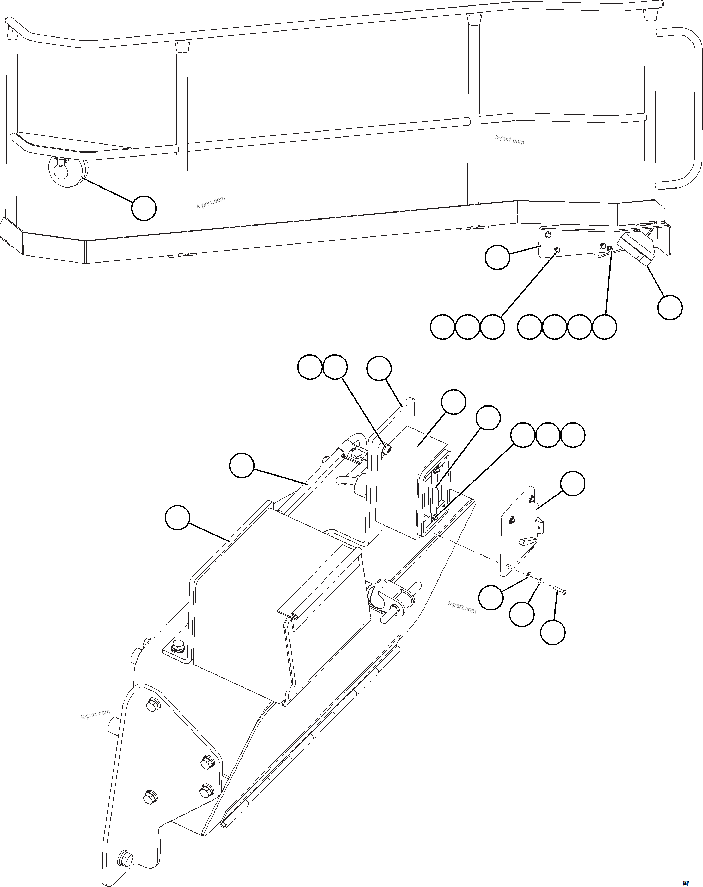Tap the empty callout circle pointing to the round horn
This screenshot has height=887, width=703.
[x=144, y=209]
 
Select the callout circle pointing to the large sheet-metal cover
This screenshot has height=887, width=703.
[x=177, y=518]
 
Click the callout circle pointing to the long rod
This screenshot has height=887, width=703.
[x=242, y=465]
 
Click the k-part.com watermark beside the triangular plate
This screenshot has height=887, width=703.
[x=95, y=714]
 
